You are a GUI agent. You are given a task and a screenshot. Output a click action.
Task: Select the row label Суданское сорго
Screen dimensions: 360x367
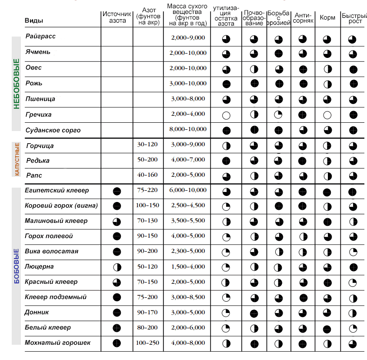pos(53,130)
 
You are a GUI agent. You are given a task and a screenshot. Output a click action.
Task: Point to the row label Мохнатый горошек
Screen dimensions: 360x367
pos(58,343)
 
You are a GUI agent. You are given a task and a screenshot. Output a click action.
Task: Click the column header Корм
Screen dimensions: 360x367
pos(327,18)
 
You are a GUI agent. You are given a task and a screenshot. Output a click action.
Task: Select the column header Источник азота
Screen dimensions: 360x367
pos(117,17)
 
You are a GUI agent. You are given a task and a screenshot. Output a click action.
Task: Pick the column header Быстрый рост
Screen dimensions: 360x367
pos(352,18)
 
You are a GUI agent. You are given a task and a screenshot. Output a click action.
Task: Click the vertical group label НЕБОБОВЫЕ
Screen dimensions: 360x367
pos(17,84)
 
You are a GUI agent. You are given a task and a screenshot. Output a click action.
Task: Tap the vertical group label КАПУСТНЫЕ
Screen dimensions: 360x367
pos(17,159)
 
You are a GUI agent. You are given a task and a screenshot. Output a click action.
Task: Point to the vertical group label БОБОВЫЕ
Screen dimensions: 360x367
pos(17,267)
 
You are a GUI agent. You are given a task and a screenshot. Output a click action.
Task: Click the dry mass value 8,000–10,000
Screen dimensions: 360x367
pos(188,129)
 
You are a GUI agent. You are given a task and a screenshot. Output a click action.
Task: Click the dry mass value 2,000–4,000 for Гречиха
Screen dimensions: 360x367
pos(188,114)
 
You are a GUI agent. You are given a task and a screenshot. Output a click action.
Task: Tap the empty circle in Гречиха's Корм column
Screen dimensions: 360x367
pos(327,115)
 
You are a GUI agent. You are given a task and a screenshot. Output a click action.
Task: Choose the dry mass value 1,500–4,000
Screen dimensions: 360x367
pos(188,266)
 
